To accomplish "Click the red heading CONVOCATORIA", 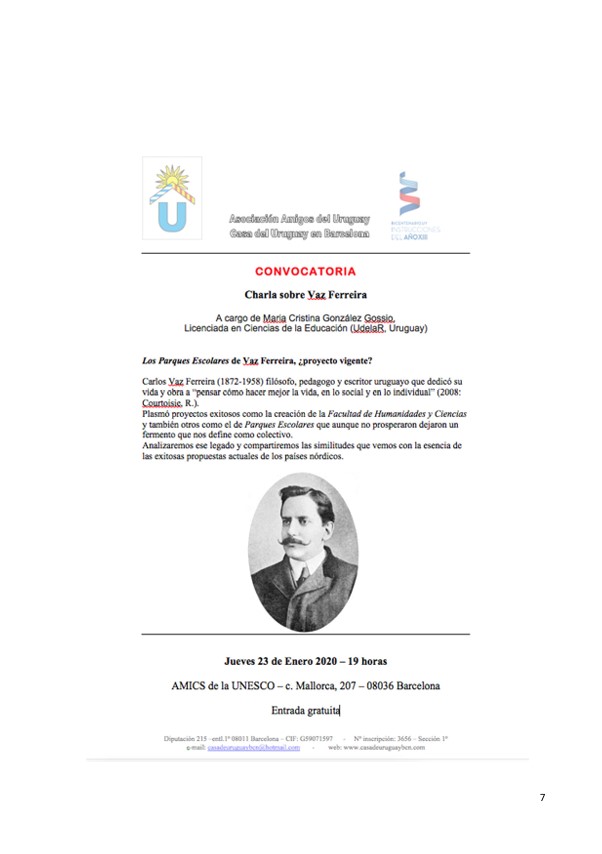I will pyautogui.click(x=305, y=271).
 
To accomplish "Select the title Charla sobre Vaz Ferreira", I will pyautogui.click(x=304, y=295).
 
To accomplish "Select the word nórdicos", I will pyautogui.click(x=320, y=456).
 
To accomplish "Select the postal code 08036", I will pyautogui.click(x=383, y=686).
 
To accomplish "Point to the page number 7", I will pyautogui.click(x=542, y=797).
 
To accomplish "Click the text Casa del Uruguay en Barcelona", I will pyautogui.click(x=299, y=233).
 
